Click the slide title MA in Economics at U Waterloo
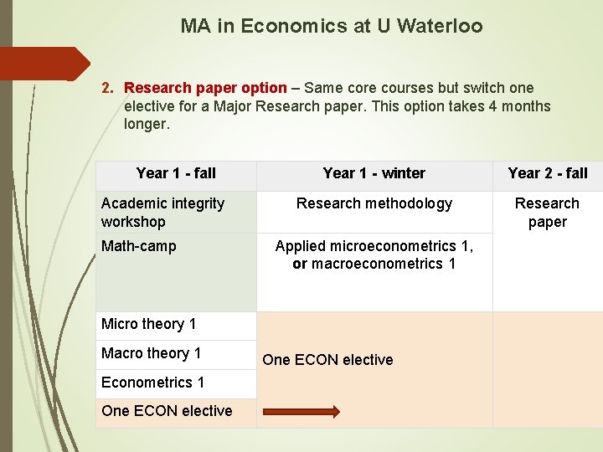click(x=332, y=26)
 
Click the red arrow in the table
click(x=302, y=411)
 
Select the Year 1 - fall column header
click(x=176, y=173)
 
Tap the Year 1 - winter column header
click(x=374, y=173)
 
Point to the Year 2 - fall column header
click(x=548, y=173)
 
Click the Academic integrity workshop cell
click(x=162, y=213)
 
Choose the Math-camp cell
click(x=139, y=246)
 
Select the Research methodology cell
click(x=374, y=203)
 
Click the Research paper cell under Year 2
click(x=547, y=213)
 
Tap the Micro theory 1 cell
click(x=149, y=324)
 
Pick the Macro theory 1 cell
click(x=152, y=353)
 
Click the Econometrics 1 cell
click(x=153, y=383)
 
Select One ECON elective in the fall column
click(x=167, y=411)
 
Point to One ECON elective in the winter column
click(x=327, y=360)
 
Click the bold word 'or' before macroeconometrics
click(x=300, y=264)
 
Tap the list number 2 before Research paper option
click(x=107, y=88)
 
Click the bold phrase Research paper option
click(x=205, y=88)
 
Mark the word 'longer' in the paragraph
click(x=146, y=125)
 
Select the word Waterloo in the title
click(x=441, y=26)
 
